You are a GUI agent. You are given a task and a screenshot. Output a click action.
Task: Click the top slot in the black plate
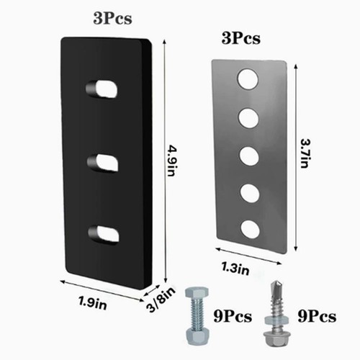[102, 89]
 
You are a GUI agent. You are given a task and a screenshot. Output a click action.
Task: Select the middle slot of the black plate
[103, 163]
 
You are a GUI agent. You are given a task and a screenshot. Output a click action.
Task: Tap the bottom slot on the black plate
[104, 234]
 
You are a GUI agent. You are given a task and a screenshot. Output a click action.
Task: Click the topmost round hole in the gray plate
[248, 79]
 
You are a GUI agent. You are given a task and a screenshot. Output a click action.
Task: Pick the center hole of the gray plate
[249, 156]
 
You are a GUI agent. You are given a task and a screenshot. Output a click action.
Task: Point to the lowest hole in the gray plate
[250, 229]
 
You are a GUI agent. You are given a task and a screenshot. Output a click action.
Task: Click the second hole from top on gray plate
[248, 118]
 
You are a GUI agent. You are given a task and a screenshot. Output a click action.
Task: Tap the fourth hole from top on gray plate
[250, 193]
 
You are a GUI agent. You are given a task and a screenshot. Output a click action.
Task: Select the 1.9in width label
[93, 303]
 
